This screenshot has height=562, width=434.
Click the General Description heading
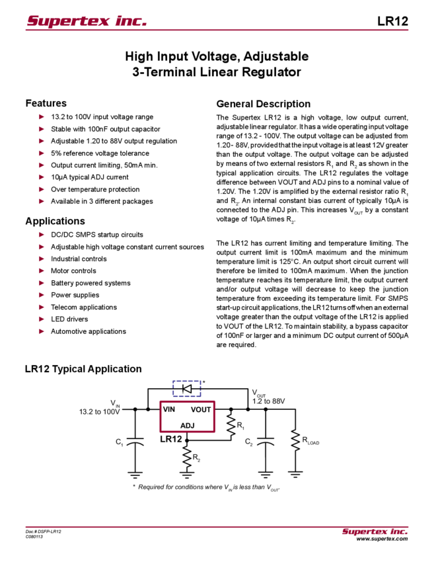point(262,104)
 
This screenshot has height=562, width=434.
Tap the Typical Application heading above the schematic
point(87,368)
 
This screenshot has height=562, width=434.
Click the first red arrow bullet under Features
point(42,117)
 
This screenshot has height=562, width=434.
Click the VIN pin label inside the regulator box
point(169,409)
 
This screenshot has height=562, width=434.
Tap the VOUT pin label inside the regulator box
point(201,409)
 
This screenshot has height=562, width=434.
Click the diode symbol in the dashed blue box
point(187,389)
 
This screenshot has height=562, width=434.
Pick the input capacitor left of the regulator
point(135,442)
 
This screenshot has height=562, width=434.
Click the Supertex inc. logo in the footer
point(375,531)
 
